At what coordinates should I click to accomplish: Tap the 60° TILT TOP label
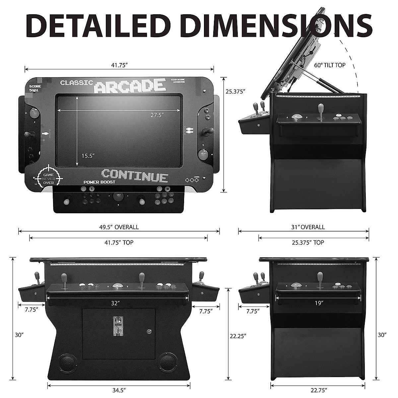(330, 65)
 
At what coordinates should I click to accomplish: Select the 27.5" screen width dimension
(157, 115)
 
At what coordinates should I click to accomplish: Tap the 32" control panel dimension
(115, 303)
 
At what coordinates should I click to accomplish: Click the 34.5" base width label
(118, 390)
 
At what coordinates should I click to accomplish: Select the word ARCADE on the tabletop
(130, 86)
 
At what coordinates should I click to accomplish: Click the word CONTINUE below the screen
(135, 175)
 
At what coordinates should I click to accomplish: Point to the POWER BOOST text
(99, 182)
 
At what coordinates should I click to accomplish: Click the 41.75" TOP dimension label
(119, 243)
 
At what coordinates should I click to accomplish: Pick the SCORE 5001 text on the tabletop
(35, 88)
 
